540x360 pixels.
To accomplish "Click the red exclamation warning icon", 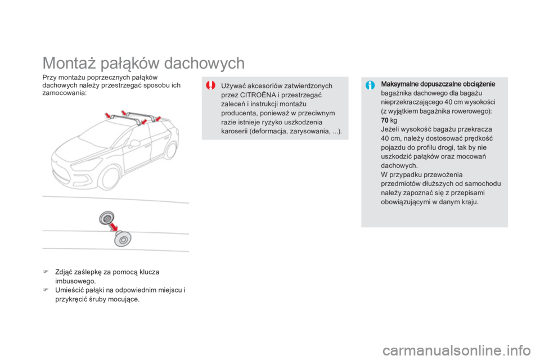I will click(210, 86).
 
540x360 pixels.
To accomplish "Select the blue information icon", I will click(369, 85).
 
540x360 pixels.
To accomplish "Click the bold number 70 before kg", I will click(385, 120).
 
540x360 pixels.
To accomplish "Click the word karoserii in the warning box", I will click(238, 131).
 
